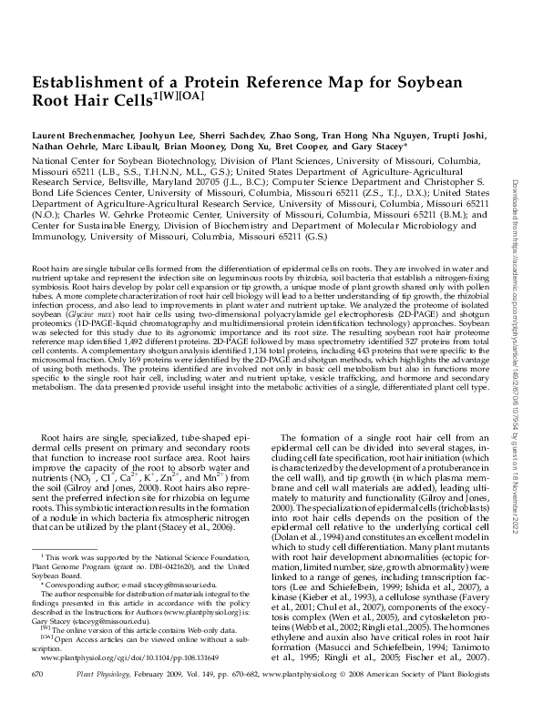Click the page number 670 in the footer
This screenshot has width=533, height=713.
38,698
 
